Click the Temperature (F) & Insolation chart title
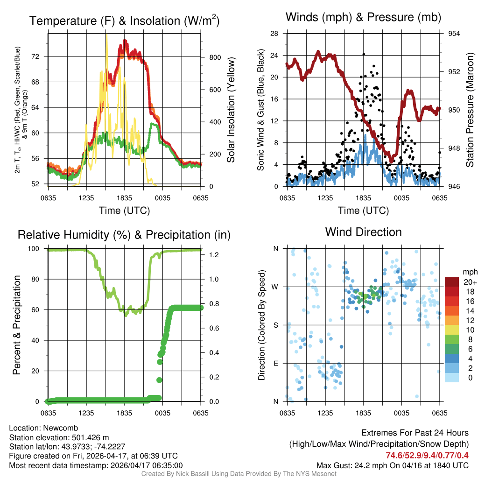[124, 21]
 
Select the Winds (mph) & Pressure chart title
[363, 18]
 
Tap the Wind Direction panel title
[363, 232]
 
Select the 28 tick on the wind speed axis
[275, 34]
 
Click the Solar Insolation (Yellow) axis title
[231, 110]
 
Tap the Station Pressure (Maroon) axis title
[470, 110]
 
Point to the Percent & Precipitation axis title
[16, 325]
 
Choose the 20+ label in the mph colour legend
[469, 282]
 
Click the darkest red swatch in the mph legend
[453, 281]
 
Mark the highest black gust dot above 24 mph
[363, 54]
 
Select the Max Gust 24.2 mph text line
[392, 465]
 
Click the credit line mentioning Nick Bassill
[239, 474]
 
